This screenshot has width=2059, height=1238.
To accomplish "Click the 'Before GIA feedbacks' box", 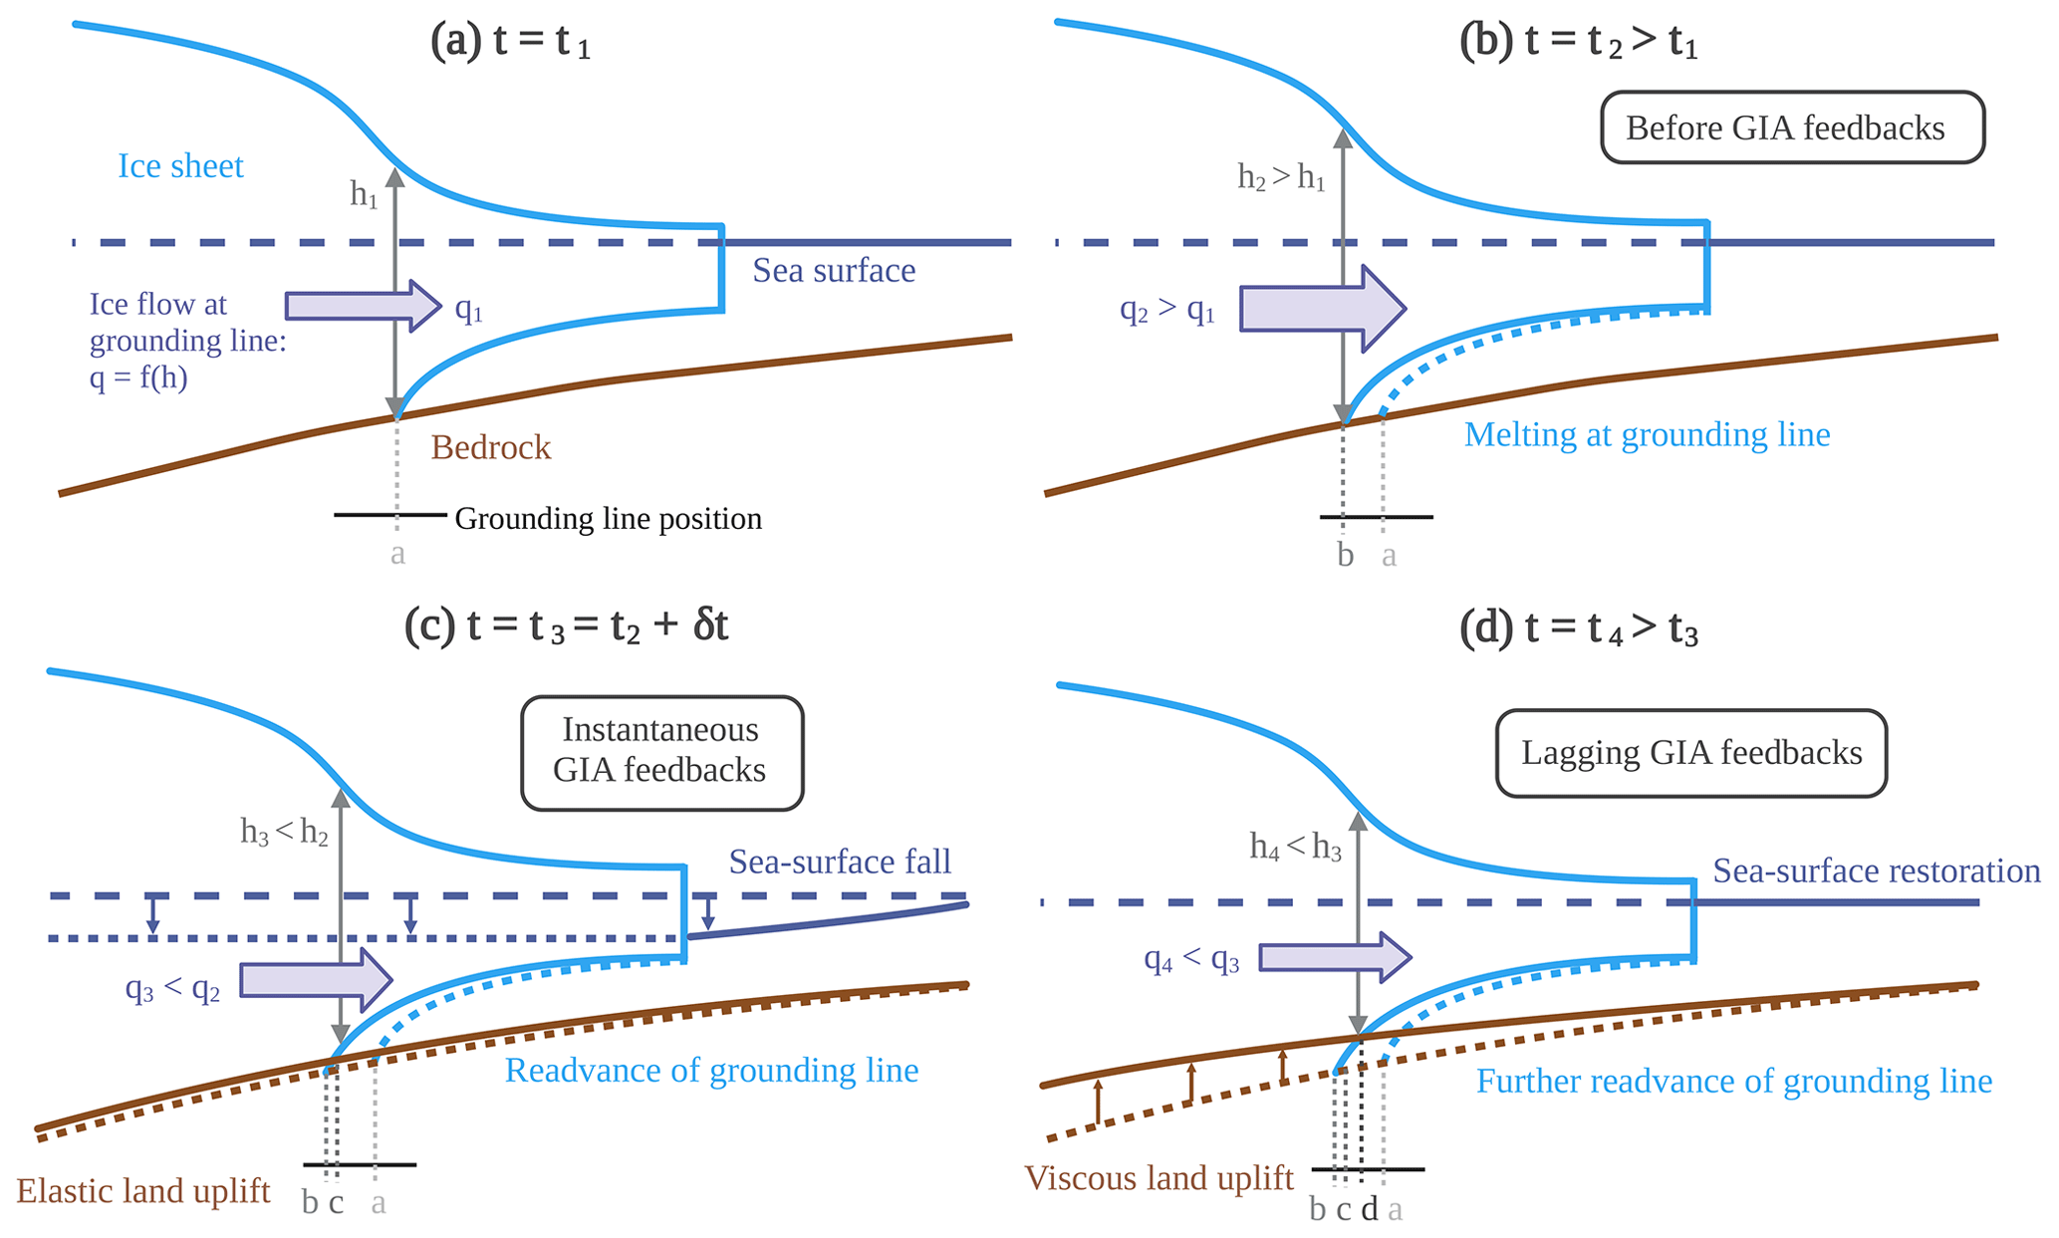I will click(x=1791, y=127).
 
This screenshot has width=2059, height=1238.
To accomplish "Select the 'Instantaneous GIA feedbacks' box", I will click(x=661, y=752).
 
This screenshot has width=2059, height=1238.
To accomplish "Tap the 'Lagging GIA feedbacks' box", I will click(x=1690, y=753).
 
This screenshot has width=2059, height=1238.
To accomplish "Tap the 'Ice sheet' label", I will click(x=180, y=166).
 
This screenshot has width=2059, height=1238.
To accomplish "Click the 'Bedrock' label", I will click(x=490, y=448).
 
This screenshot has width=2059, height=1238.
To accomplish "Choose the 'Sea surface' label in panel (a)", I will click(x=833, y=271).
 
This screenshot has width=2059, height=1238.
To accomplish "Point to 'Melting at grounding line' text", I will click(x=1647, y=435).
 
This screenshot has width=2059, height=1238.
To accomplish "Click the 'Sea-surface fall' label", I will click(x=840, y=862).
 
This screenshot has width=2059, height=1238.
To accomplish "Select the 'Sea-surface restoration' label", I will click(x=1876, y=871).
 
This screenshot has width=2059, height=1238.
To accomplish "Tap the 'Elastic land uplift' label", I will click(x=143, y=1191).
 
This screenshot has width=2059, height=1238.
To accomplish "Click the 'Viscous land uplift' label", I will click(x=1158, y=1178).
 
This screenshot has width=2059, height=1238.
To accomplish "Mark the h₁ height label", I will click(x=364, y=195).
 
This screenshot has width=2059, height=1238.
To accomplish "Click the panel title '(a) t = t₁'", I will click(x=510, y=43).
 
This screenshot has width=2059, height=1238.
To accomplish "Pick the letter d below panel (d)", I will click(x=1370, y=1209).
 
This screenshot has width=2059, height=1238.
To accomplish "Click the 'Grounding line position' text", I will click(x=608, y=519).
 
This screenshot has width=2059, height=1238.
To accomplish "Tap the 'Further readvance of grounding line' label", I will click(x=1733, y=1082).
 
